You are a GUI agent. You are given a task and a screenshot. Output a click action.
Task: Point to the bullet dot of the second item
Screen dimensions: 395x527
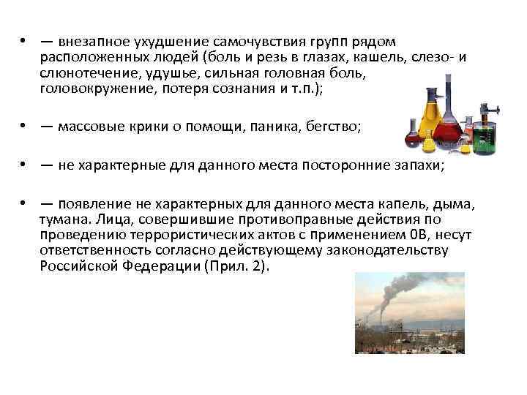click(24, 127)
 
